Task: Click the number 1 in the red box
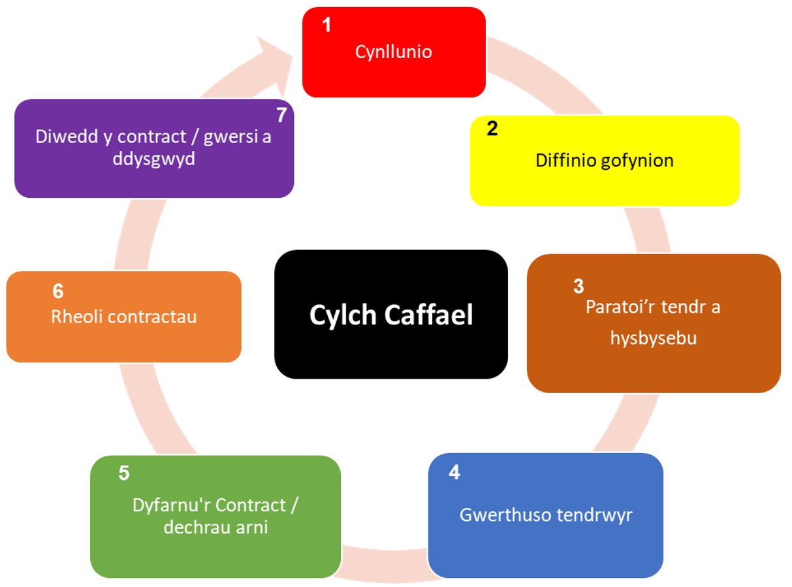point(327,25)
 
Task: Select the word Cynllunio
point(394,52)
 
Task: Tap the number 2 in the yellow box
point(492,129)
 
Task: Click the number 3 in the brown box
point(578,286)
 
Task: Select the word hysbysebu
point(654,338)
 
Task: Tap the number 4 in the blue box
point(454,473)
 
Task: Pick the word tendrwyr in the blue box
point(594,515)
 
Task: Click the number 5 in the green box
point(124,473)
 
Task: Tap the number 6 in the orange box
point(58,291)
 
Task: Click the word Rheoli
point(77,317)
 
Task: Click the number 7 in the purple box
point(281,116)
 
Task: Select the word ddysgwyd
point(154,159)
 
